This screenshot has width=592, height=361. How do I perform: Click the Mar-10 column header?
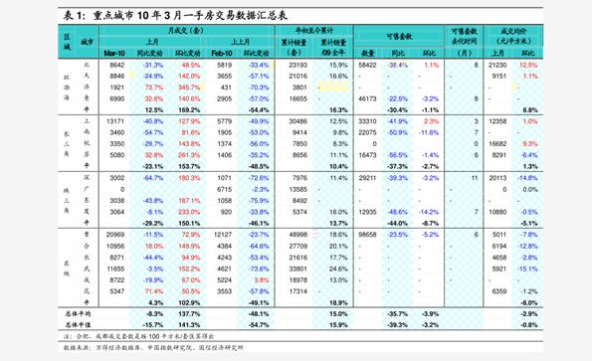116,53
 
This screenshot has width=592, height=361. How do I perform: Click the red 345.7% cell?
189,88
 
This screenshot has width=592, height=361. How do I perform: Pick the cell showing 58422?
368,65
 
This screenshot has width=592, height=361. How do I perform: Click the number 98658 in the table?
368,233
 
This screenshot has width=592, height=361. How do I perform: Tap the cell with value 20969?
116,233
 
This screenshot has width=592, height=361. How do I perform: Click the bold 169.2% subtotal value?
189,109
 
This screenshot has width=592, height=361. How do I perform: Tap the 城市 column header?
87,42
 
